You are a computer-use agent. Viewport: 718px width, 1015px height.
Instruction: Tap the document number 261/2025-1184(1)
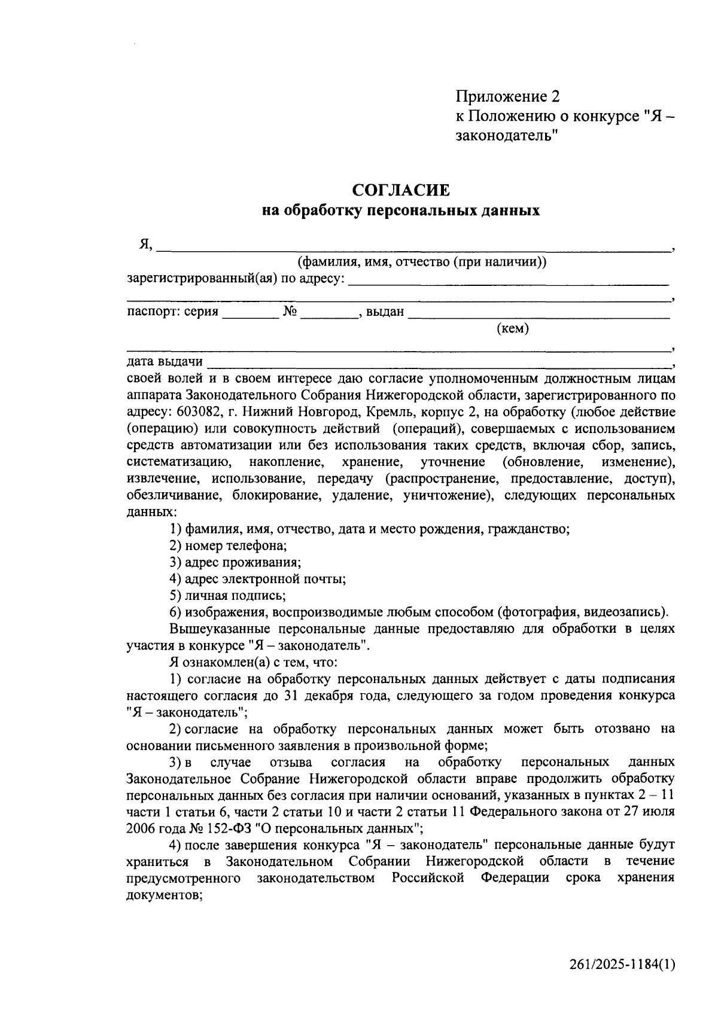tap(622, 964)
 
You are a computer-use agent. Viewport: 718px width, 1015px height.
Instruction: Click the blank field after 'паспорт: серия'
tap(250, 316)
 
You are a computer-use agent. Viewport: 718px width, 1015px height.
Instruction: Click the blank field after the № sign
tap(328, 316)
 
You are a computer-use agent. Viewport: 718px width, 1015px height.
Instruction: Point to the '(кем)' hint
tap(513, 328)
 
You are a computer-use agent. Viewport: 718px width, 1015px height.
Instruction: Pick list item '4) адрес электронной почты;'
tap(257, 579)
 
